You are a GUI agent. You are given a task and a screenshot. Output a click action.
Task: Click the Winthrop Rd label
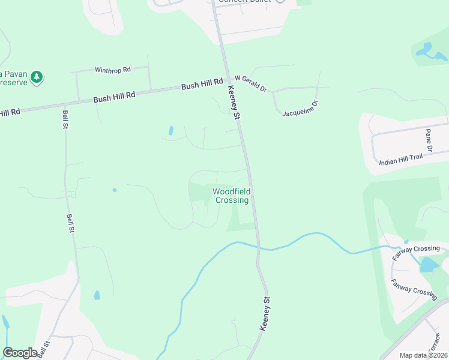pos(113,70)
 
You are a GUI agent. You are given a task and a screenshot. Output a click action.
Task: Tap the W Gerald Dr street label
pos(250,83)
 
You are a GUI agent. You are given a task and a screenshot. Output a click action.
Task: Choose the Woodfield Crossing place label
pos(231,196)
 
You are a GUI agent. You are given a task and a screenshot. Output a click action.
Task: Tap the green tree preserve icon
pos(37,77)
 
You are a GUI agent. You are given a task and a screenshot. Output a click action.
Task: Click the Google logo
pos(20,352)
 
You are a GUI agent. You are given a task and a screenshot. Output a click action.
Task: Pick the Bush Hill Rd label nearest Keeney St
pos(202,85)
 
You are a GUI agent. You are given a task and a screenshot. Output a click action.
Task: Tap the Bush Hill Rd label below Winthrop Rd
pos(114,97)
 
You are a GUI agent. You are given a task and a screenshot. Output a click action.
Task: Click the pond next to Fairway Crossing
pos(429,265)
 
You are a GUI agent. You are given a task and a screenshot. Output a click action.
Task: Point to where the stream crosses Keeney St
pos(258,246)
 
